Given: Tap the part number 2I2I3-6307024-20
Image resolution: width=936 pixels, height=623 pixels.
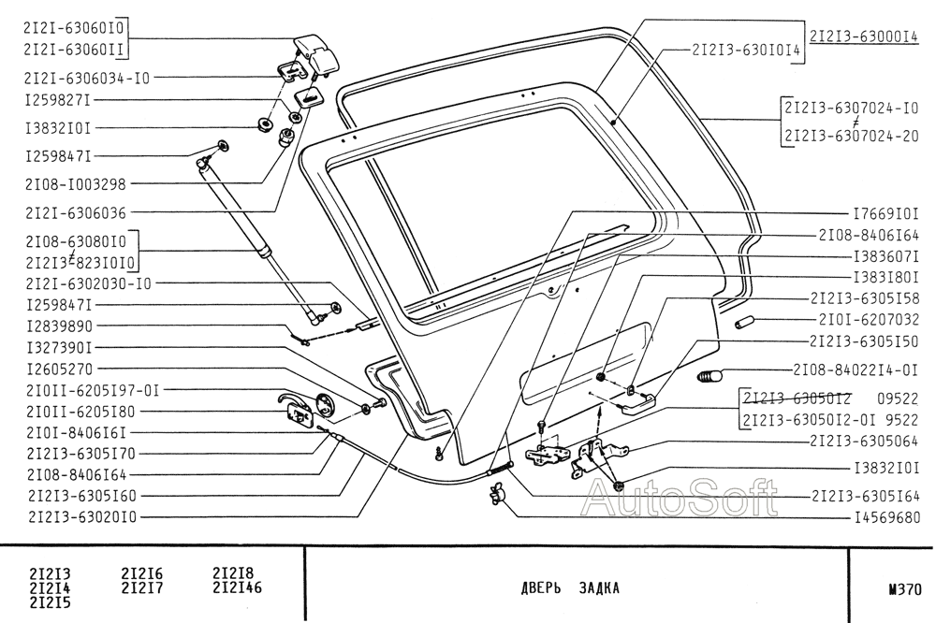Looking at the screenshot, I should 852,136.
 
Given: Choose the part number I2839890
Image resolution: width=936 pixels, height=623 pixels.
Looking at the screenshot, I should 62,326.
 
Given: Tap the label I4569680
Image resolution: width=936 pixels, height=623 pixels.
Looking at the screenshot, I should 885,516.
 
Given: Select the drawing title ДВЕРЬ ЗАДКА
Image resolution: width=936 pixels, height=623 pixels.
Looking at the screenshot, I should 570,588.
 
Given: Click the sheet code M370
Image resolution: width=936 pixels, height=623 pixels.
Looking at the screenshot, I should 905,589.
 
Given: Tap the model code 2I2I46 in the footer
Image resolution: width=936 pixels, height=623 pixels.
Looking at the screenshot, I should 237,587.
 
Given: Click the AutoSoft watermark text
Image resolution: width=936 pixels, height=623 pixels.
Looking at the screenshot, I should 680,499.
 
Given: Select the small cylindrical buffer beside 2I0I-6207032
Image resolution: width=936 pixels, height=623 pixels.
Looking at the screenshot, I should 746,323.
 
